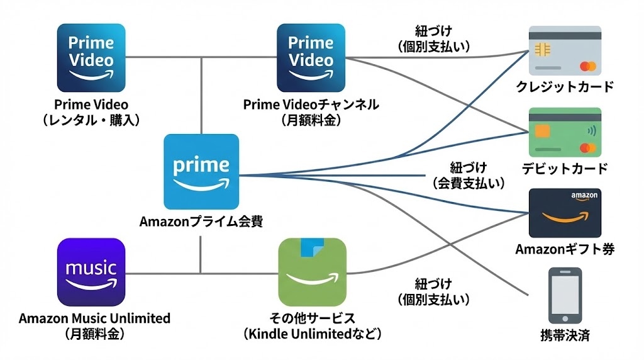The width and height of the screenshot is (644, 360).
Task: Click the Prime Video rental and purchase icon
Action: click(91, 58)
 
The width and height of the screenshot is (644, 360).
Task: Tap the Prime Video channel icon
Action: click(311, 58)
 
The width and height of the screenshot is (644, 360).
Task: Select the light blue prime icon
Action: click(201, 171)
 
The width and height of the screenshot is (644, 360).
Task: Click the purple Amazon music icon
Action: click(91, 272)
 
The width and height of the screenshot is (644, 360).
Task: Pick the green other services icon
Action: click(313, 272)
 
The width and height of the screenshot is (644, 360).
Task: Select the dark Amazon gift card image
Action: click(565, 212)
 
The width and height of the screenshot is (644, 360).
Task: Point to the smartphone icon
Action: click(565, 296)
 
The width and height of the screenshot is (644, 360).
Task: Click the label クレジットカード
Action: click(565, 87)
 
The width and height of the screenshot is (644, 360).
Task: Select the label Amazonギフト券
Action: click(565, 249)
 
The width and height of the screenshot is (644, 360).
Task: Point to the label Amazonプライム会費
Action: click(201, 222)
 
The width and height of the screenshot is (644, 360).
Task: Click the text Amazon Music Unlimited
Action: click(94, 318)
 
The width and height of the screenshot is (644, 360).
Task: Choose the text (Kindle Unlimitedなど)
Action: click(313, 334)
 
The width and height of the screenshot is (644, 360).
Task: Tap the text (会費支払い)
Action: click(469, 183)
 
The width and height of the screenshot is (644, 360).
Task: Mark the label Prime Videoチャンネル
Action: click(311, 104)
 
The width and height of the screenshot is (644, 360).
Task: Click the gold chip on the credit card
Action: click(540, 48)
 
